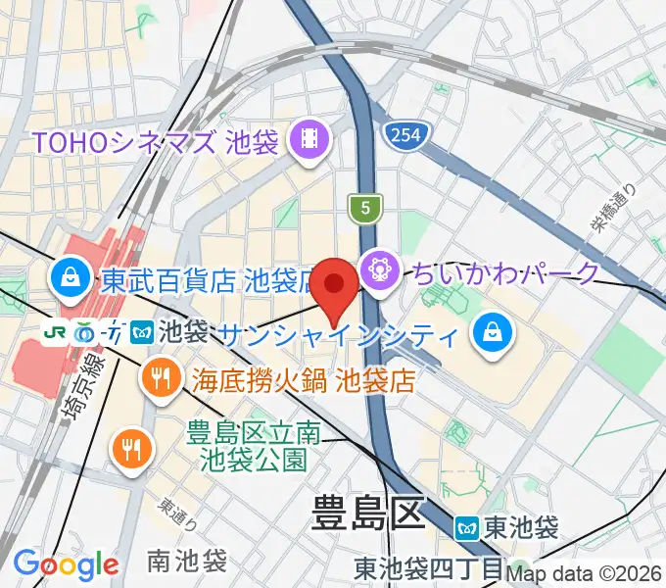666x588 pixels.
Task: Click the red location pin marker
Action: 334,285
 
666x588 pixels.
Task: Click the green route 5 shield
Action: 364,208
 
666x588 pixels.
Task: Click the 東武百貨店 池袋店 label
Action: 206,282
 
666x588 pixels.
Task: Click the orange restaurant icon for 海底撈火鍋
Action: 159,377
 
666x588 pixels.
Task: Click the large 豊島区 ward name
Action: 366,512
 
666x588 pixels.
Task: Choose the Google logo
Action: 66,564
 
